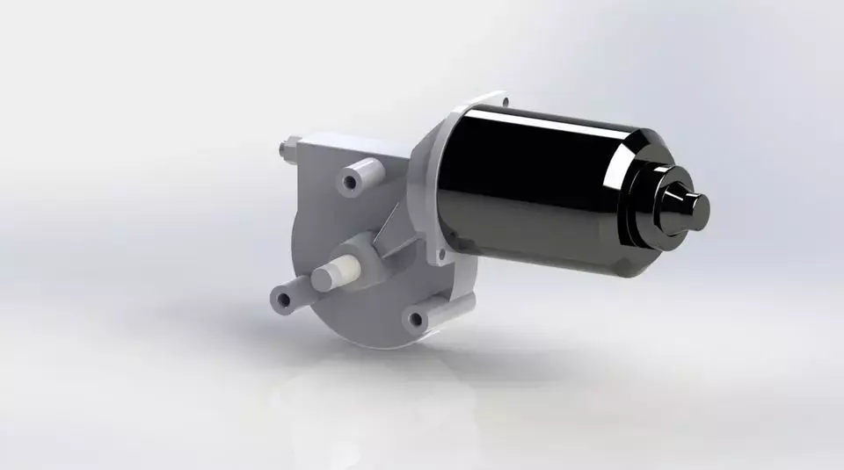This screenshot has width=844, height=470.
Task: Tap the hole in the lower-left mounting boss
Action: click(x=283, y=300)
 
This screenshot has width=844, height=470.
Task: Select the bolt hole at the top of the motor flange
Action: click(x=505, y=103)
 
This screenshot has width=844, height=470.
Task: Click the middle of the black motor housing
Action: click(x=536, y=193)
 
